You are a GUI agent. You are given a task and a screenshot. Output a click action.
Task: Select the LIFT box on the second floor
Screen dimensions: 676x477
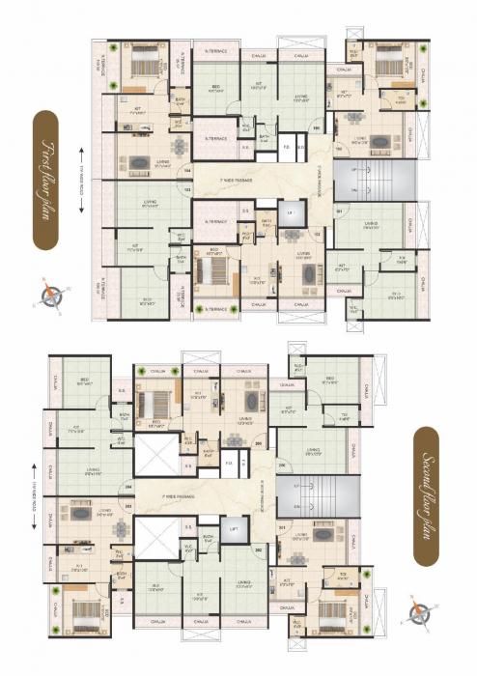pos(233,530)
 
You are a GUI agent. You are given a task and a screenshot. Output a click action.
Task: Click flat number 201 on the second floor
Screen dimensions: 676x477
pos(282,528)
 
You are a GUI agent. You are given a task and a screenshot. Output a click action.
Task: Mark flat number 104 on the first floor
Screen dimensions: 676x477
pos(187,170)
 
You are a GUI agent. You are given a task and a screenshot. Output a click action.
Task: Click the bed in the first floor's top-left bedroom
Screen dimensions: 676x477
pos(142,63)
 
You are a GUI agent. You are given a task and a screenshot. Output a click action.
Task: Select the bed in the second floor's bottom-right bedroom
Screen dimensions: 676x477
pos(334,619)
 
